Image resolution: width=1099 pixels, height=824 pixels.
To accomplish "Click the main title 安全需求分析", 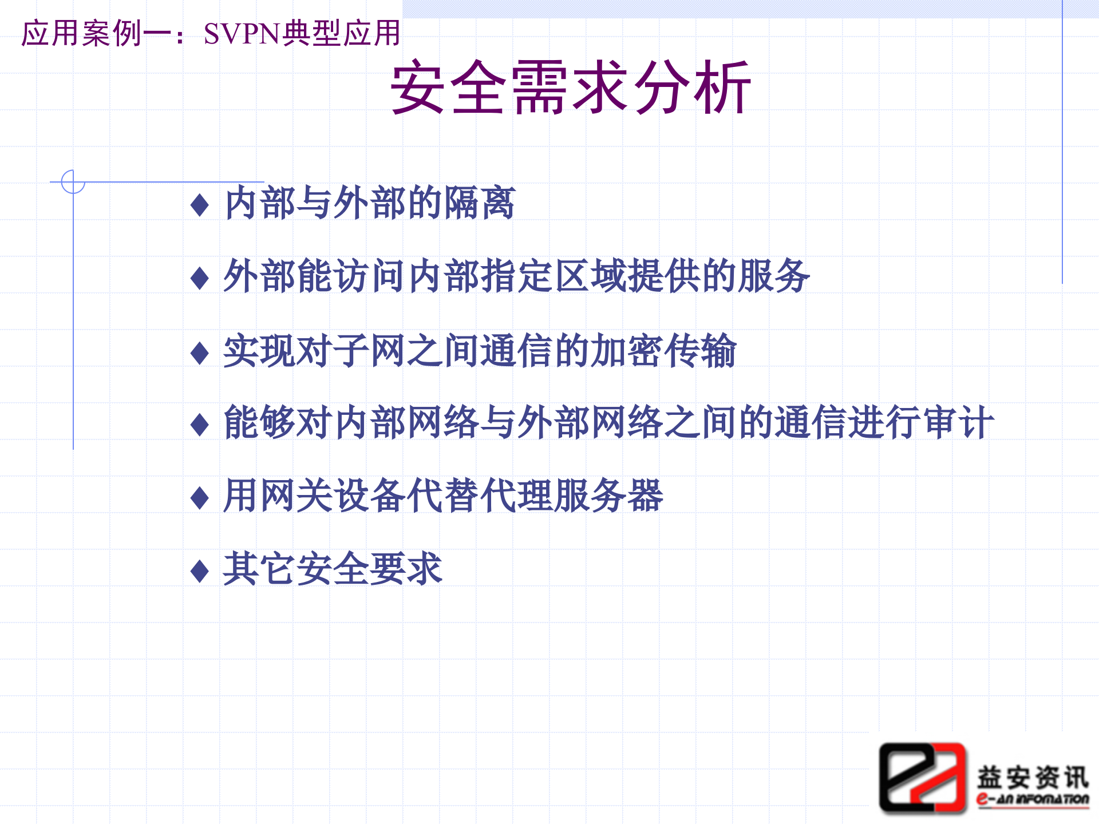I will pyautogui.click(x=570, y=88).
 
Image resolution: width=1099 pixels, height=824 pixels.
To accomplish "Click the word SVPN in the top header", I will pyautogui.click(x=241, y=34).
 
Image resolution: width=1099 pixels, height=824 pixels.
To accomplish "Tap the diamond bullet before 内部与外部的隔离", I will pyautogui.click(x=199, y=205).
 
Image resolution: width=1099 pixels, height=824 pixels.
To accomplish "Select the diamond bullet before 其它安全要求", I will pyautogui.click(x=199, y=571).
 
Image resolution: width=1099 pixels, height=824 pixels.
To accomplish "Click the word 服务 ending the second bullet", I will pyautogui.click(x=773, y=276).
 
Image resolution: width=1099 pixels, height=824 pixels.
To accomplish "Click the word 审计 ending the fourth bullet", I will pyautogui.click(x=958, y=423).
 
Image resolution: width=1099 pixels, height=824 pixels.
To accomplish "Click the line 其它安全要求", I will pyautogui.click(x=333, y=569).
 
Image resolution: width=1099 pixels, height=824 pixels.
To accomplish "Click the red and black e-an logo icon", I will pyautogui.click(x=922, y=778).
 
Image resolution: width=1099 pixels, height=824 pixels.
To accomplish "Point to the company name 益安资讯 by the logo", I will pyautogui.click(x=1032, y=777).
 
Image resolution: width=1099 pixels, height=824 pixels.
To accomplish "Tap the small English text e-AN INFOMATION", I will pyautogui.click(x=1032, y=799).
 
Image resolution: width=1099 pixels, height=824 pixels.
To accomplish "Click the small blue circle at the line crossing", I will pyautogui.click(x=73, y=182).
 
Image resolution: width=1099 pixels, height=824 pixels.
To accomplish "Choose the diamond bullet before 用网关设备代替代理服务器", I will pyautogui.click(x=199, y=498).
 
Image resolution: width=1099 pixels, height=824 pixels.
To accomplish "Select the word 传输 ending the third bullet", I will pyautogui.click(x=700, y=351).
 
